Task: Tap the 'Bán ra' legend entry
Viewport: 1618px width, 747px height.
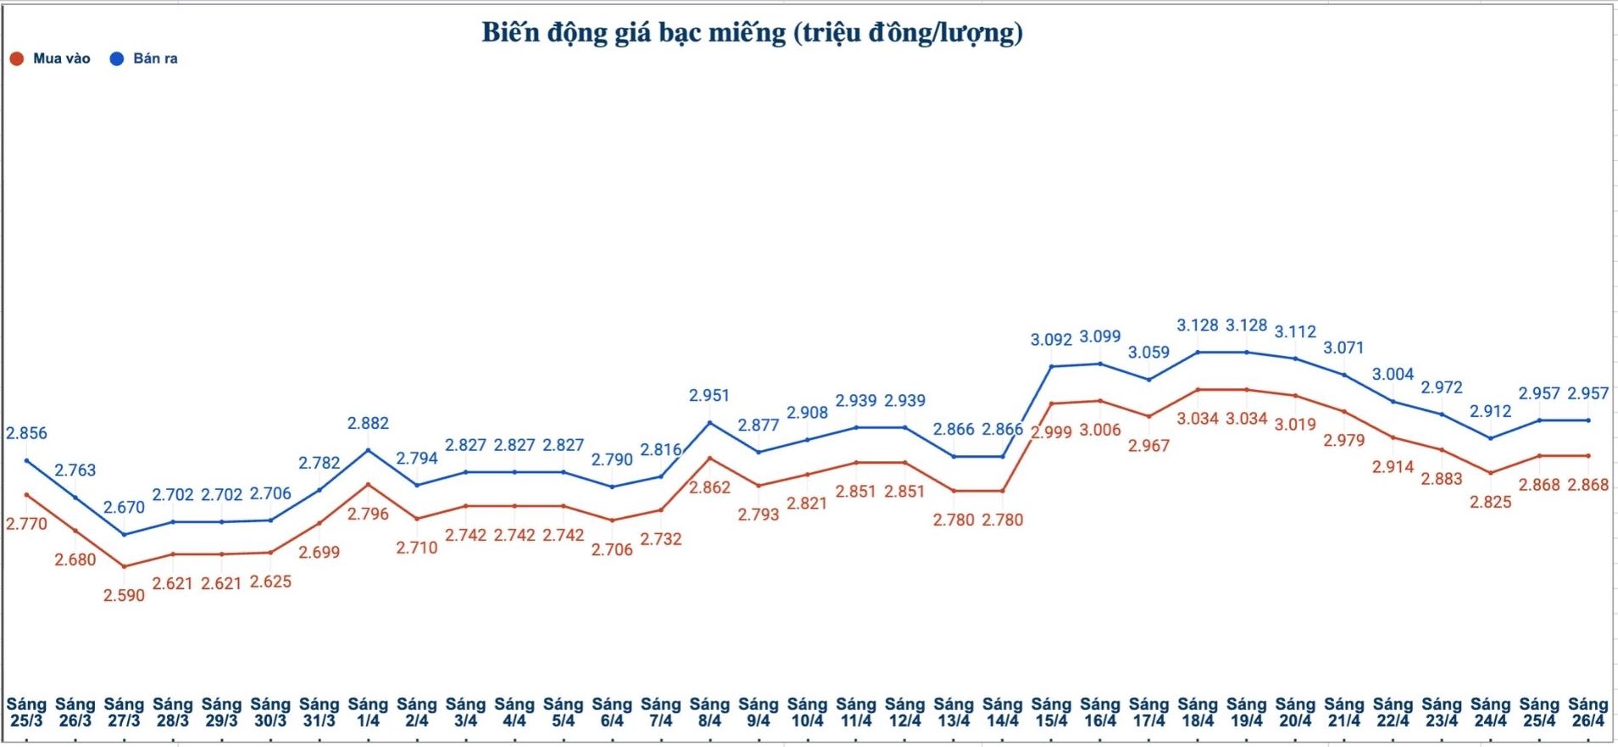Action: pyautogui.click(x=145, y=59)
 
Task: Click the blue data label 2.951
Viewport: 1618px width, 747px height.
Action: pyautogui.click(x=709, y=395)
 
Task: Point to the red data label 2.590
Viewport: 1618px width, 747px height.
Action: pyautogui.click(x=124, y=595)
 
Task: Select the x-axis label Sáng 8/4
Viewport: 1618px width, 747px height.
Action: pyautogui.click(x=709, y=712)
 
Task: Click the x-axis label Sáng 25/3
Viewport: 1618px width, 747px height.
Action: pyautogui.click(x=26, y=712)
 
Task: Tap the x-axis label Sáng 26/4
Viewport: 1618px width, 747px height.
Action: pyautogui.click(x=1587, y=712)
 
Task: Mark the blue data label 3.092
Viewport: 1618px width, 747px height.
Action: pyautogui.click(x=1051, y=339)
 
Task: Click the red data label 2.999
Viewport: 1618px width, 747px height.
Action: pyautogui.click(x=1051, y=432)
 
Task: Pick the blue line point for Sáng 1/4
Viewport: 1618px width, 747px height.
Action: pyautogui.click(x=368, y=449)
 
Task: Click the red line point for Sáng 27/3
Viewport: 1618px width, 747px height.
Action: pyautogui.click(x=124, y=566)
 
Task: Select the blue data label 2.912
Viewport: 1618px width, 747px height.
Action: pyautogui.click(x=1490, y=411)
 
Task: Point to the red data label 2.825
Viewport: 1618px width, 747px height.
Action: pyautogui.click(x=1490, y=502)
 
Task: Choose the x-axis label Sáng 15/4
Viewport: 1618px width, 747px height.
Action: pyautogui.click(x=1051, y=712)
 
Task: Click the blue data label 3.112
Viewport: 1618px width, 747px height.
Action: pyautogui.click(x=1295, y=332)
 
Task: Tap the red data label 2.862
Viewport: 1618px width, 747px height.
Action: pyautogui.click(x=709, y=488)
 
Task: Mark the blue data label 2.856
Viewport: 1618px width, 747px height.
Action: pyautogui.click(x=26, y=433)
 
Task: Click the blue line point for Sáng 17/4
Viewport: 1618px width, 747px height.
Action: pyautogui.click(x=1148, y=379)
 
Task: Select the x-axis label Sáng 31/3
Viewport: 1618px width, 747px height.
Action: pyautogui.click(x=319, y=712)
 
